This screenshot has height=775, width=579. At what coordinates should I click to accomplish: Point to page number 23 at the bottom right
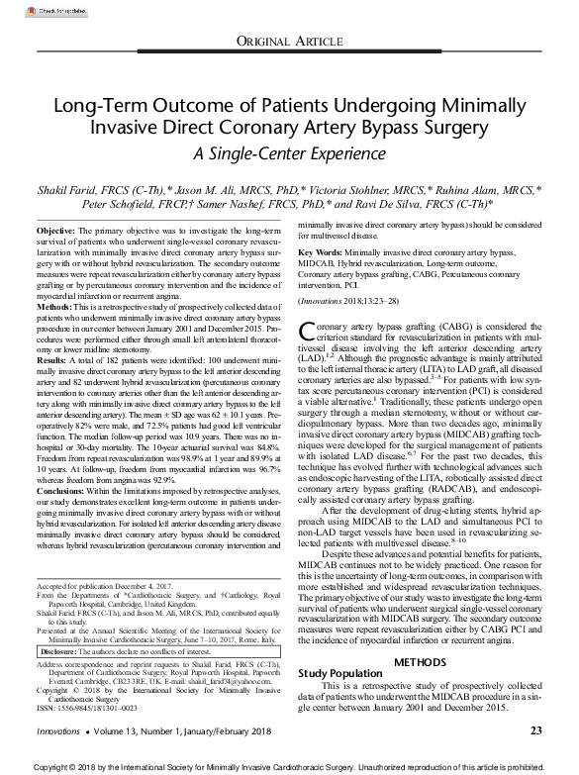(535, 730)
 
